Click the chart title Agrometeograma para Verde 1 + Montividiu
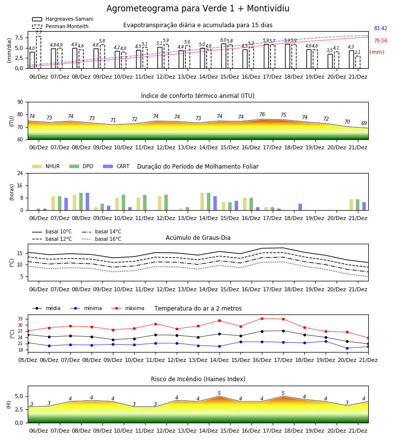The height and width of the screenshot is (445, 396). (198, 8)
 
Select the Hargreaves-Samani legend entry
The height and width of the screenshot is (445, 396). (62, 19)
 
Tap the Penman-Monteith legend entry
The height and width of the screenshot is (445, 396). (60, 26)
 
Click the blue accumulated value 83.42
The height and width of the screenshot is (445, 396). (381, 28)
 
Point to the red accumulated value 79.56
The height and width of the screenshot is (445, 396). (381, 41)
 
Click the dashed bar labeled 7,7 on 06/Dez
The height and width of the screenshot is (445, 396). (39, 52)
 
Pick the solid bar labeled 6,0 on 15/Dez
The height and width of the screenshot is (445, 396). (224, 56)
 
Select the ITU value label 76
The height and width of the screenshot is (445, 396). (262, 114)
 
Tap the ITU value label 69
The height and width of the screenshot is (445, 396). (364, 123)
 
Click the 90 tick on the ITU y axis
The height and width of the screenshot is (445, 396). (20, 102)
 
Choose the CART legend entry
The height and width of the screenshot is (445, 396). (116, 166)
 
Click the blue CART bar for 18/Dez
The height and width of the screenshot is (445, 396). (300, 207)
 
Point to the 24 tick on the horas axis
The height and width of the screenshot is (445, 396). (20, 173)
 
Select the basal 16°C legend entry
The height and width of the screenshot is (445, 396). (101, 239)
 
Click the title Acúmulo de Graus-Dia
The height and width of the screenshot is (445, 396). (198, 238)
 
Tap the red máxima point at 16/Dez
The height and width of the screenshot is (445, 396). (262, 318)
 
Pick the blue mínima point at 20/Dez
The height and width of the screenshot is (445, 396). (347, 348)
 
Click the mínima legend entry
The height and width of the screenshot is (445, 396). (86, 308)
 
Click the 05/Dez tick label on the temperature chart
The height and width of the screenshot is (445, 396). (28, 360)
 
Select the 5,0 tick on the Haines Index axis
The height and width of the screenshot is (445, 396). (19, 396)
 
